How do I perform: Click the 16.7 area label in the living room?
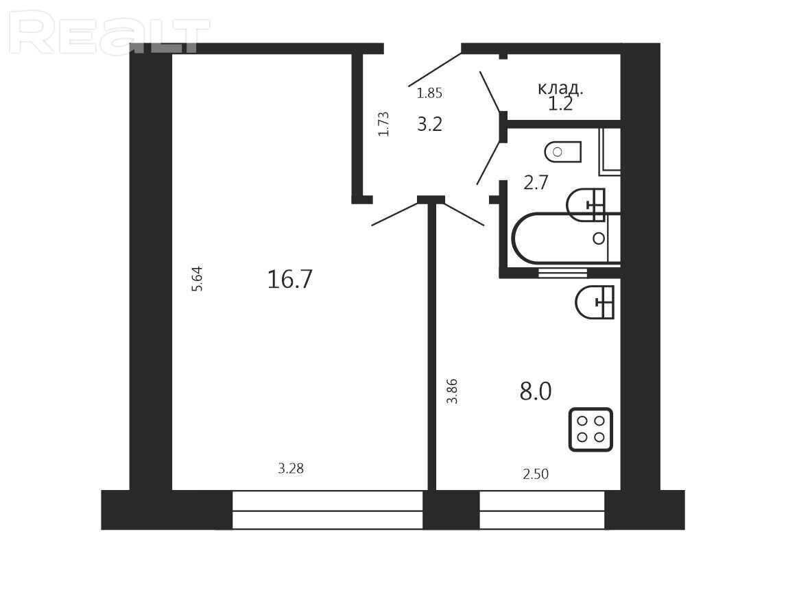tap(289, 280)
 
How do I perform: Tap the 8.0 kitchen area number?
tap(536, 392)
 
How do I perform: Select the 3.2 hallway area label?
tap(429, 124)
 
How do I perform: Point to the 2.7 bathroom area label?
tap(536, 182)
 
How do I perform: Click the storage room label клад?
tap(560, 88)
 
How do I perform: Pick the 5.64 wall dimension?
tap(197, 279)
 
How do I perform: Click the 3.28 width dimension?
tap(291, 468)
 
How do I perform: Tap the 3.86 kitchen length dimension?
tap(452, 391)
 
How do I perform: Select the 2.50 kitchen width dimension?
tap(536, 474)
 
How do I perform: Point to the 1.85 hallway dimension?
tap(429, 93)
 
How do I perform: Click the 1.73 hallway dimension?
tap(383, 124)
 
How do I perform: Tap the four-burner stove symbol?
tap(591, 430)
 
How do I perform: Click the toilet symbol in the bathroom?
tap(563, 151)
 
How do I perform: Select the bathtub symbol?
tap(566, 239)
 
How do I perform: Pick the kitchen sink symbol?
tap(595, 302)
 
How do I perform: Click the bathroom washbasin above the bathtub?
tap(586, 205)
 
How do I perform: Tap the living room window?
tap(328, 510)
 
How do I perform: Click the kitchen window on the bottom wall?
tap(542, 510)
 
